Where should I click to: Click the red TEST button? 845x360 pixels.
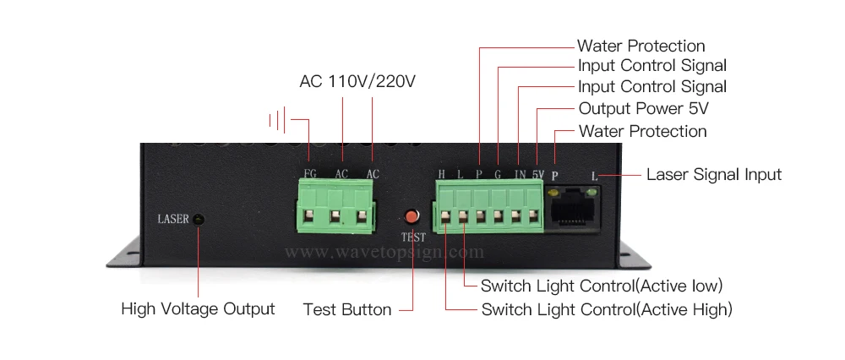413,216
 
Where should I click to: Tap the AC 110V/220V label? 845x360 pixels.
358,82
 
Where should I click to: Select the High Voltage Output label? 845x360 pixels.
198,308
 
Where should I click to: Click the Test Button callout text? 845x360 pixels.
347,309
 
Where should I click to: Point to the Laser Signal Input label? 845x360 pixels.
714,175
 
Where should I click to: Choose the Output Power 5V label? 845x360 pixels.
643,109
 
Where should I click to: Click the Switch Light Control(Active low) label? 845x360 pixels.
602,286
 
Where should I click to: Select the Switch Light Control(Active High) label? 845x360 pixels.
607,309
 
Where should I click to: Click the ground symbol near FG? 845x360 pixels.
279,119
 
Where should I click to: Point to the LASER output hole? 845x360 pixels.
199,220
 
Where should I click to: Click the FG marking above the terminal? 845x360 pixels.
310,174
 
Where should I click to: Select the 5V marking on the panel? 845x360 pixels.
538,174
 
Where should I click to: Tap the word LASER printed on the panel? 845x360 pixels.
172,220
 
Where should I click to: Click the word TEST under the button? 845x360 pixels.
413,237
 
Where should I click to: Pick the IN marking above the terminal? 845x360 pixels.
520,174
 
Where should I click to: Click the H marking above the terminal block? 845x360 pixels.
441,174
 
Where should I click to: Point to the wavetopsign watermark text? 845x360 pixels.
384,252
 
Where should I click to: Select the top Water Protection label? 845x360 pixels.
641,46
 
